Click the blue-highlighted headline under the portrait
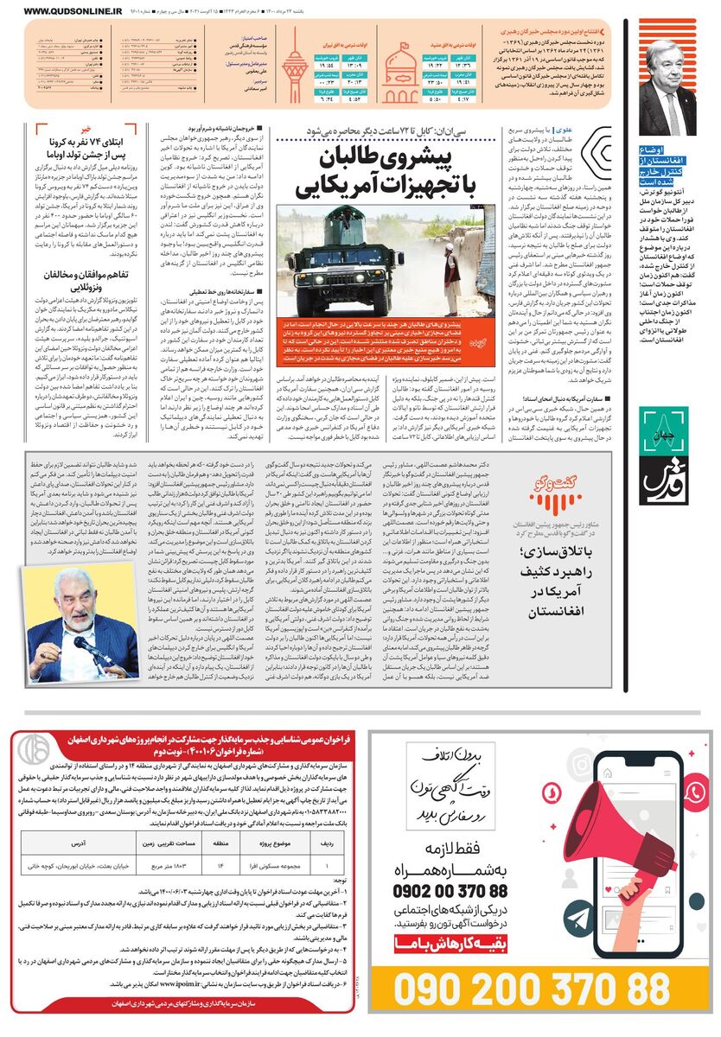[x=667, y=168]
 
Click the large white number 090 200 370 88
[x=533, y=983]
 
